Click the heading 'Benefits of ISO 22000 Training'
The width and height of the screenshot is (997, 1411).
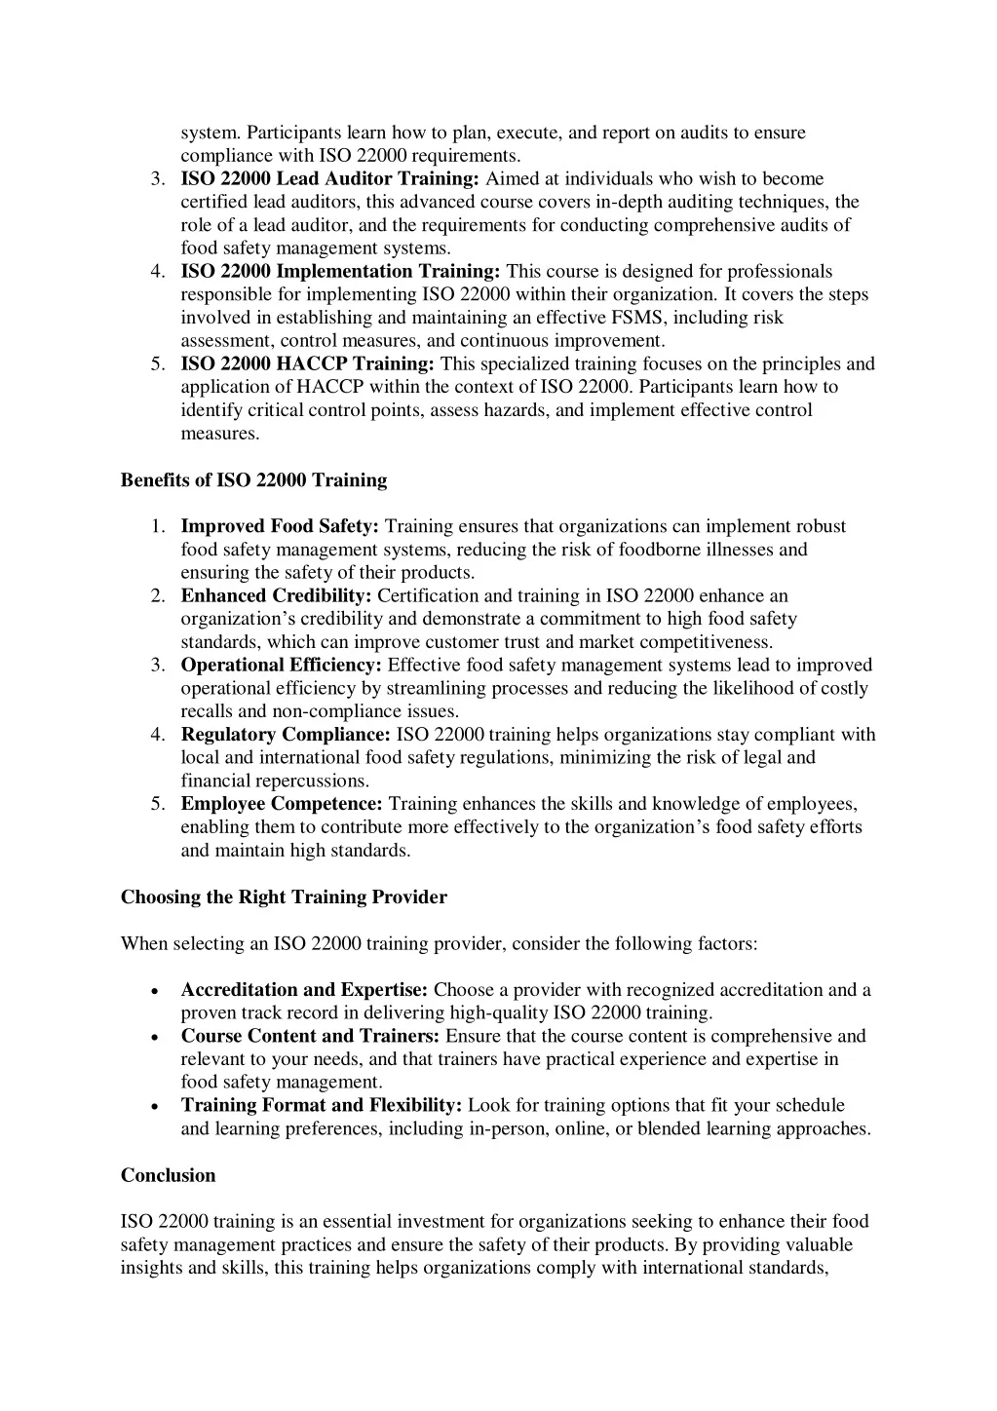point(253,480)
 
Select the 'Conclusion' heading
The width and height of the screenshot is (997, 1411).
point(168,1176)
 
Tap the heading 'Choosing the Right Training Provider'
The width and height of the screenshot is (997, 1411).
point(284,897)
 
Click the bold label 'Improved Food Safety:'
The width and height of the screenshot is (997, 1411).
point(280,527)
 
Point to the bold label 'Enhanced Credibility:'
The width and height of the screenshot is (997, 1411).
point(276,596)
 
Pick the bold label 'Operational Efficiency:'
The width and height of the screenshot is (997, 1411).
point(281,666)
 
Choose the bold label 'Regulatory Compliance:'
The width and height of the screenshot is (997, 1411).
point(286,735)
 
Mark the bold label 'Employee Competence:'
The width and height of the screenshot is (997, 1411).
point(282,804)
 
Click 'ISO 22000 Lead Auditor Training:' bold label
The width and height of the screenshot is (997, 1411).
point(329,179)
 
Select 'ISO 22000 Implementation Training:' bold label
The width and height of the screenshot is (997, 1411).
point(340,272)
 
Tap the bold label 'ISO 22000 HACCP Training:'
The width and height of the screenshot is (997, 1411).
point(307,364)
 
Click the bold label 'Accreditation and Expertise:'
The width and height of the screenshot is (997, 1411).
point(304,990)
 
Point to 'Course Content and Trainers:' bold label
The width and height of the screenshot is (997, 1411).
point(310,1037)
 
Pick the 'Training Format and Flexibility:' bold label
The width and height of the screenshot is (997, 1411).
point(321,1106)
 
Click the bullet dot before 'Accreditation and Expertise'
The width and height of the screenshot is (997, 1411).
point(156,991)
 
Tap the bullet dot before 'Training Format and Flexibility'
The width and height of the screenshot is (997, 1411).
point(156,1107)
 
